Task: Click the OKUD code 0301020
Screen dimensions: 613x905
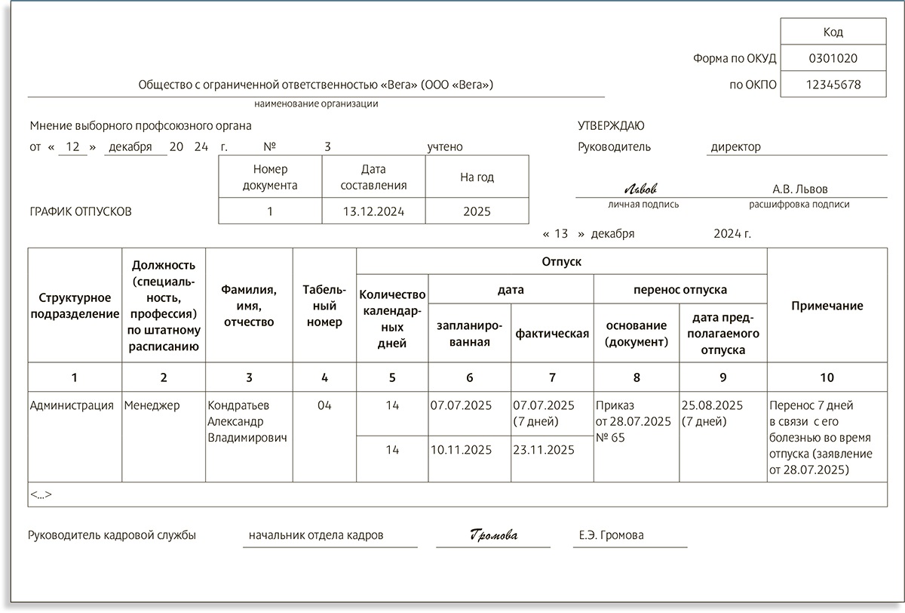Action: pyautogui.click(x=833, y=57)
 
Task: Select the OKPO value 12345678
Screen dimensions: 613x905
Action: pyautogui.click(x=833, y=85)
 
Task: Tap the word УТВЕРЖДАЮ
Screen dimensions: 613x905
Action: pyautogui.click(x=611, y=126)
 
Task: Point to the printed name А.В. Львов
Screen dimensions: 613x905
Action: pyautogui.click(x=800, y=189)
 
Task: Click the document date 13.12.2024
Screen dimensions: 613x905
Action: pyautogui.click(x=373, y=211)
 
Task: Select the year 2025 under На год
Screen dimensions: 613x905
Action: pyautogui.click(x=477, y=211)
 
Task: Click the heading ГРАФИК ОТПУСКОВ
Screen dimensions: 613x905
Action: pyautogui.click(x=81, y=212)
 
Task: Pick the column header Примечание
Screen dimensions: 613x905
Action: pyautogui.click(x=827, y=306)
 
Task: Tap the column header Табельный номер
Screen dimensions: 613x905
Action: pyautogui.click(x=324, y=306)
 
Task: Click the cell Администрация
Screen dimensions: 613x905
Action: pyautogui.click(x=72, y=405)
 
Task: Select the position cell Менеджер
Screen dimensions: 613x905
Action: pyautogui.click(x=152, y=405)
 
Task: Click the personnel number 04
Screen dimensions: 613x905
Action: pyautogui.click(x=324, y=405)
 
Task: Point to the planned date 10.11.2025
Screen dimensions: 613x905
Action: pyautogui.click(x=461, y=450)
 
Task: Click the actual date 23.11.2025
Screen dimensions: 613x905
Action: pyautogui.click(x=543, y=450)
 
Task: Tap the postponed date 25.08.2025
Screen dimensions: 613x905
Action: pyautogui.click(x=712, y=405)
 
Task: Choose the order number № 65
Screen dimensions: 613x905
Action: pyautogui.click(x=610, y=437)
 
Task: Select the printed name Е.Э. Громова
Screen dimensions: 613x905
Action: pyautogui.click(x=611, y=535)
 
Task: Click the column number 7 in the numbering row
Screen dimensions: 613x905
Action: pyautogui.click(x=552, y=377)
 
